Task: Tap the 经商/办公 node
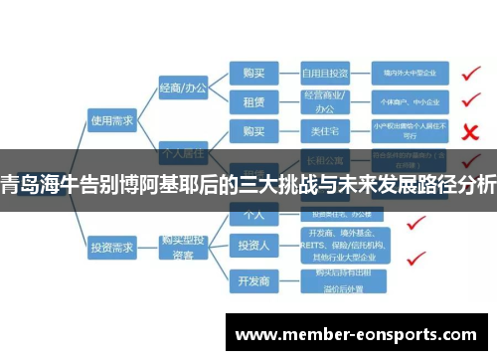(x=184, y=89)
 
